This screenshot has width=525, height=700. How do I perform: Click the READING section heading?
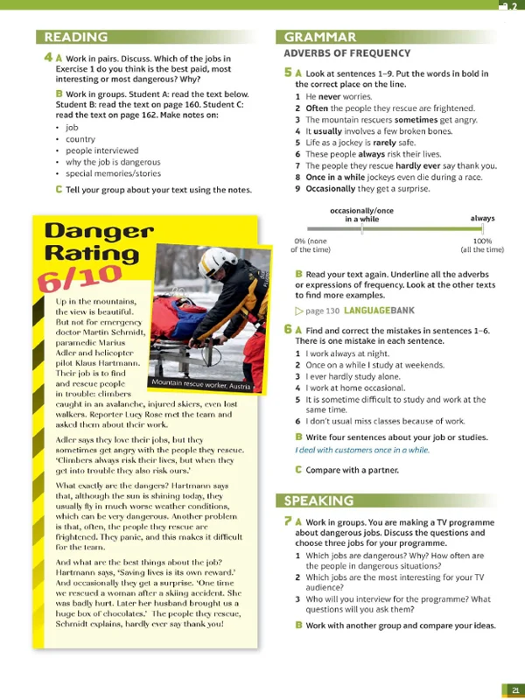(76, 37)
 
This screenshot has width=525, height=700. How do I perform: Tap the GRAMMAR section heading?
(320, 37)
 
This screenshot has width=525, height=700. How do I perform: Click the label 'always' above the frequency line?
(482, 218)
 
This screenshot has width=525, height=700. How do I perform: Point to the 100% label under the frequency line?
(482, 241)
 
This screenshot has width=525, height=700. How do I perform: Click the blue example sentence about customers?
(362, 450)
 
